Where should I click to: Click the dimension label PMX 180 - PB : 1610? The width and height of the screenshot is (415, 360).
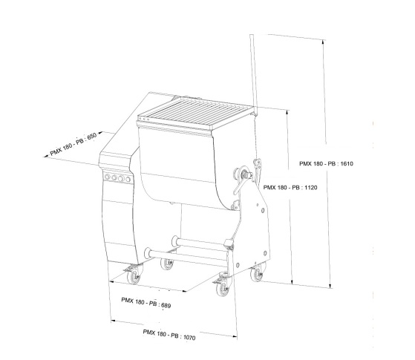click(326, 163)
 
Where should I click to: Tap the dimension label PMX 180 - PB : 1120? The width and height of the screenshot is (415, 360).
click(290, 187)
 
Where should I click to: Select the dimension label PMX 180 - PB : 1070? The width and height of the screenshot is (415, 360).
click(169, 335)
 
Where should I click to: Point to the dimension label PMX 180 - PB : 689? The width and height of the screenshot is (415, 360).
click(146, 303)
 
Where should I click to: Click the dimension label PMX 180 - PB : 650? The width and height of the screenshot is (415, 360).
click(73, 144)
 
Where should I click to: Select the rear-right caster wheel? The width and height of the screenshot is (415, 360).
click(257, 274)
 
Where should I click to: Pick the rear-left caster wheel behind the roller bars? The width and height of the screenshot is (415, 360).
click(167, 264)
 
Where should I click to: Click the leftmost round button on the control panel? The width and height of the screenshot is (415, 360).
click(108, 177)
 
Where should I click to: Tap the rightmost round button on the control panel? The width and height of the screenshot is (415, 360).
click(128, 179)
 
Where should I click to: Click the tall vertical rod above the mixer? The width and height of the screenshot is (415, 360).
click(253, 73)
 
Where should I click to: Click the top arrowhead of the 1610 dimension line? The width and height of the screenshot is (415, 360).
click(323, 42)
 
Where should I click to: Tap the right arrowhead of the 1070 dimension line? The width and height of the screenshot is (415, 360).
click(235, 336)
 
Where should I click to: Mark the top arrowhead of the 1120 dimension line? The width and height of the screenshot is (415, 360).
click(287, 112)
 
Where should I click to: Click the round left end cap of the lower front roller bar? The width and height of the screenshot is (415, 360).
click(148, 253)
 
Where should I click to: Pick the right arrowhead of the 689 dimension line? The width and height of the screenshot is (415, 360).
click(184, 291)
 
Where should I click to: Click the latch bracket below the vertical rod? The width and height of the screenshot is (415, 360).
click(257, 165)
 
